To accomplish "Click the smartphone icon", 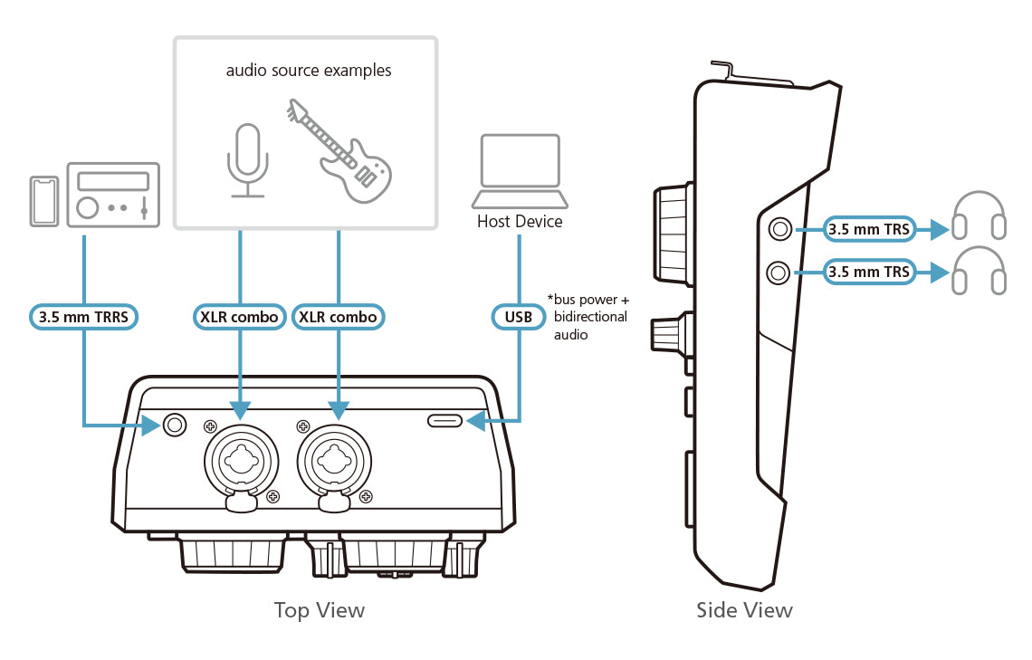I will [x=43, y=200].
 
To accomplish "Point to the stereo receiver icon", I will [x=113, y=193].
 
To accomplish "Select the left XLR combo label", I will [x=240, y=317].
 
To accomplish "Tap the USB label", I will [x=520, y=317].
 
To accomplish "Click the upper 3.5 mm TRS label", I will [x=868, y=230].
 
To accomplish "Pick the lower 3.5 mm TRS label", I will [x=868, y=271].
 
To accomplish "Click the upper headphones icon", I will [x=979, y=217].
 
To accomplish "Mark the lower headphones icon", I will [x=979, y=271].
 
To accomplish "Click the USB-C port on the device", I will [x=445, y=421].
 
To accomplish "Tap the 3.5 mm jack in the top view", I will [x=174, y=424].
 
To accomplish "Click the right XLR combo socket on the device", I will [x=338, y=460].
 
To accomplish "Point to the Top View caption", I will [x=320, y=610].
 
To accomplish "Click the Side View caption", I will [x=744, y=610].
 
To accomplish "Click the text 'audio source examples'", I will [x=309, y=70].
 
